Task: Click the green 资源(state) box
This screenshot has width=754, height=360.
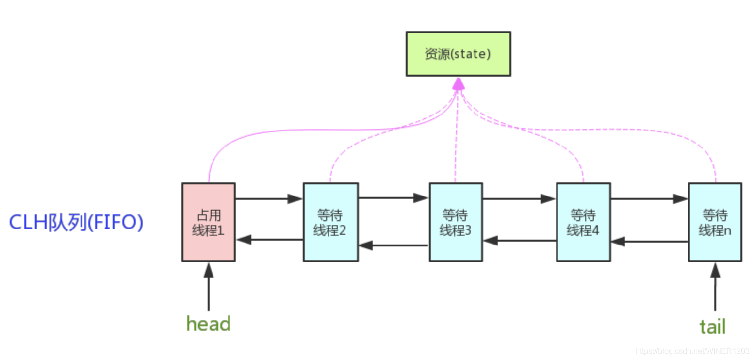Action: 458,54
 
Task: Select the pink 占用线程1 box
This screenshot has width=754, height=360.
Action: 208,222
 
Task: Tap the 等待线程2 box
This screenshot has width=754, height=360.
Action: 330,222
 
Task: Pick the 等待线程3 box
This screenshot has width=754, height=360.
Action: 455,222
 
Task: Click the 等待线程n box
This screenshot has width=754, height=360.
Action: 714,222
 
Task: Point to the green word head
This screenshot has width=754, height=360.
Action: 209,324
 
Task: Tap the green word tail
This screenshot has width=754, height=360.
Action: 712,326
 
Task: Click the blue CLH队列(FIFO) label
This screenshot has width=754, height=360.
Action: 76,223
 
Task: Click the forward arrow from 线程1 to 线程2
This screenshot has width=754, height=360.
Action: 269,198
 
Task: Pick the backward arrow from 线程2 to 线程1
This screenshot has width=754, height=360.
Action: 269,239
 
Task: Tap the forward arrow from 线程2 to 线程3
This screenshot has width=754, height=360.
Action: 393,197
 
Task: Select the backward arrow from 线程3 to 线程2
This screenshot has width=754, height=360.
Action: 393,245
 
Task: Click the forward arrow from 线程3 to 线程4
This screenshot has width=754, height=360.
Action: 519,198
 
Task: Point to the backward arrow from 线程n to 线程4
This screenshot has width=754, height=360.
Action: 649,241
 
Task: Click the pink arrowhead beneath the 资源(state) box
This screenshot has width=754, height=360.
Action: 458,84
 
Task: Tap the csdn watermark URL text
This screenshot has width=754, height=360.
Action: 693,350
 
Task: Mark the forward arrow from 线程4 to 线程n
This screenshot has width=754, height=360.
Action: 649,198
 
